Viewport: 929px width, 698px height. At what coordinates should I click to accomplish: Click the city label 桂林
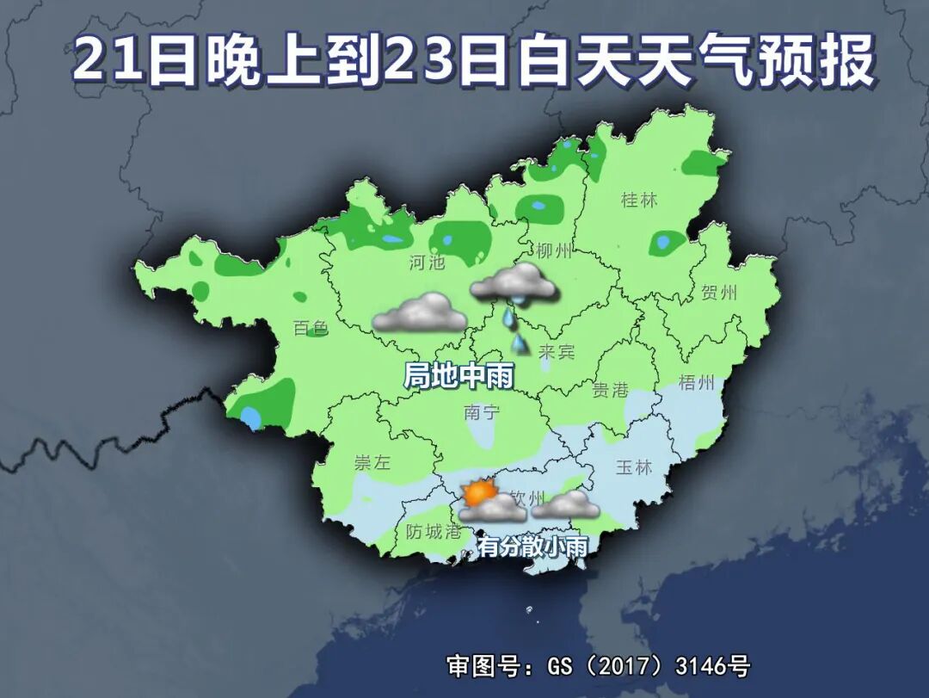point(638,201)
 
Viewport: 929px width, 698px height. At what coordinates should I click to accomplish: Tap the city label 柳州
point(554,251)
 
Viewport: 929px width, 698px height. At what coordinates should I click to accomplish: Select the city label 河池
point(428,263)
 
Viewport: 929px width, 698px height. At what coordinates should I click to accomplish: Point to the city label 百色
point(311,328)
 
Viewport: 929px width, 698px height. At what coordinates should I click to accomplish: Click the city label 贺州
point(719,292)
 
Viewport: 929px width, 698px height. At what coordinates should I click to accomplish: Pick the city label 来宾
point(557,352)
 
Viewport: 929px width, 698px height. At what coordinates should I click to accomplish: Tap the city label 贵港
point(611,390)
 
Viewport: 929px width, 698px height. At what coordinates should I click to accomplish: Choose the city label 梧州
point(698,383)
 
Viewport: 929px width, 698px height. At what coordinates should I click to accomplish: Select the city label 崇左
point(372,462)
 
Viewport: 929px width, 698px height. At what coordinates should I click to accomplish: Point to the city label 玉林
point(635,467)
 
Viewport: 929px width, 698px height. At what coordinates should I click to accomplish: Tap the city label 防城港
point(434,531)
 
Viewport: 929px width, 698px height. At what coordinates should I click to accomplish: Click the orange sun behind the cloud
point(476,493)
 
